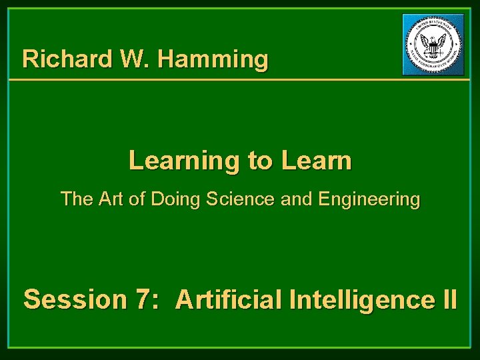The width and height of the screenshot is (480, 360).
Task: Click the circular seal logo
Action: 433,44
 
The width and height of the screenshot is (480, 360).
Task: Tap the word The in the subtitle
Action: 75,199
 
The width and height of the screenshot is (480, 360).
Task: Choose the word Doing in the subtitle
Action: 172,199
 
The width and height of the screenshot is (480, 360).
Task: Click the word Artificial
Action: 229,299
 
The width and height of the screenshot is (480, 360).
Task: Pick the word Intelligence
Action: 361,299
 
